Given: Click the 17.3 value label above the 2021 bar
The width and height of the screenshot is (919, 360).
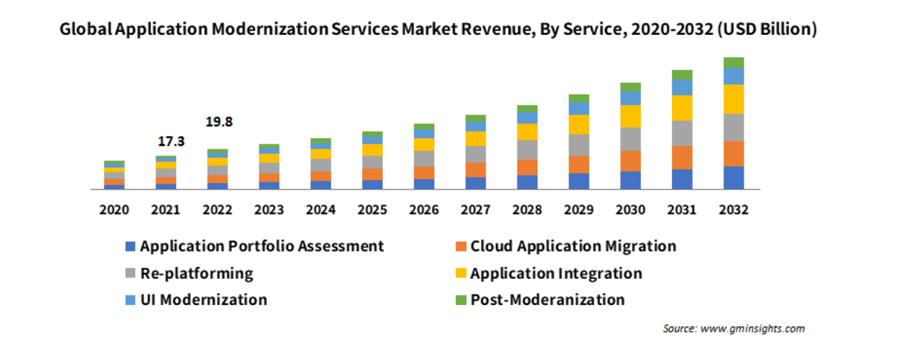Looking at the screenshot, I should pyautogui.click(x=171, y=141).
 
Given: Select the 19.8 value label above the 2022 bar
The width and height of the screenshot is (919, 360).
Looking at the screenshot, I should pyautogui.click(x=218, y=122).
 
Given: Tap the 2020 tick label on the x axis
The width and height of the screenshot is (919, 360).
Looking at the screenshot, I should pyautogui.click(x=114, y=210).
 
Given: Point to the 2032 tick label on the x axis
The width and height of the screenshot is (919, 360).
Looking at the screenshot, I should pyautogui.click(x=733, y=210).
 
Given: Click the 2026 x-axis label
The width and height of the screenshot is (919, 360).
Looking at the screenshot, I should pyautogui.click(x=424, y=210).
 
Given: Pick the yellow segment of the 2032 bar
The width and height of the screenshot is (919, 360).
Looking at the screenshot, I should pyautogui.click(x=733, y=99).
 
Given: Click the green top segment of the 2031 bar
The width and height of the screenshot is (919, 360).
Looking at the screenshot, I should pyautogui.click(x=682, y=75).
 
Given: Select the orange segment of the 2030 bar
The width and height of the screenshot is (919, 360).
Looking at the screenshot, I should pyautogui.click(x=631, y=161).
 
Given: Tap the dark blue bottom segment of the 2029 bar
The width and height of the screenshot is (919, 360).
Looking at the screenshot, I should pyautogui.click(x=578, y=181).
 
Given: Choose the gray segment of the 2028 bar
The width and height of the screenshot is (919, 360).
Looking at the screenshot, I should pyautogui.click(x=527, y=150).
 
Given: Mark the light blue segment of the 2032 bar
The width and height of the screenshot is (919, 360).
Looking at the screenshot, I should pyautogui.click(x=733, y=76).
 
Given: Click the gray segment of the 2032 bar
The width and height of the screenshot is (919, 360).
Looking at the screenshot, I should pyautogui.click(x=733, y=127).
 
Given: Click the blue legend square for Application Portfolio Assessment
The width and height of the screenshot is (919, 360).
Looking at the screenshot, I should pyautogui.click(x=131, y=247).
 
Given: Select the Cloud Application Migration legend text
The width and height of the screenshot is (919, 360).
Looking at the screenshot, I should pyautogui.click(x=573, y=246).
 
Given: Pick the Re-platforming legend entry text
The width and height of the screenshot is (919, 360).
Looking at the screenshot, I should pyautogui.click(x=196, y=274).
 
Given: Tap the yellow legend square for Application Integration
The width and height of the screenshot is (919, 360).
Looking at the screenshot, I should pyautogui.click(x=460, y=274).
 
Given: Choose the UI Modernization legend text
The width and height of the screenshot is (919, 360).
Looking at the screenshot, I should pyautogui.click(x=203, y=300).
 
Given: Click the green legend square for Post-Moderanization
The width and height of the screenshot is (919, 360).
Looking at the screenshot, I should pyautogui.click(x=460, y=300).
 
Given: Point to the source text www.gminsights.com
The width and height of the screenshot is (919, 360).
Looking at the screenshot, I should pyautogui.click(x=752, y=329).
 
